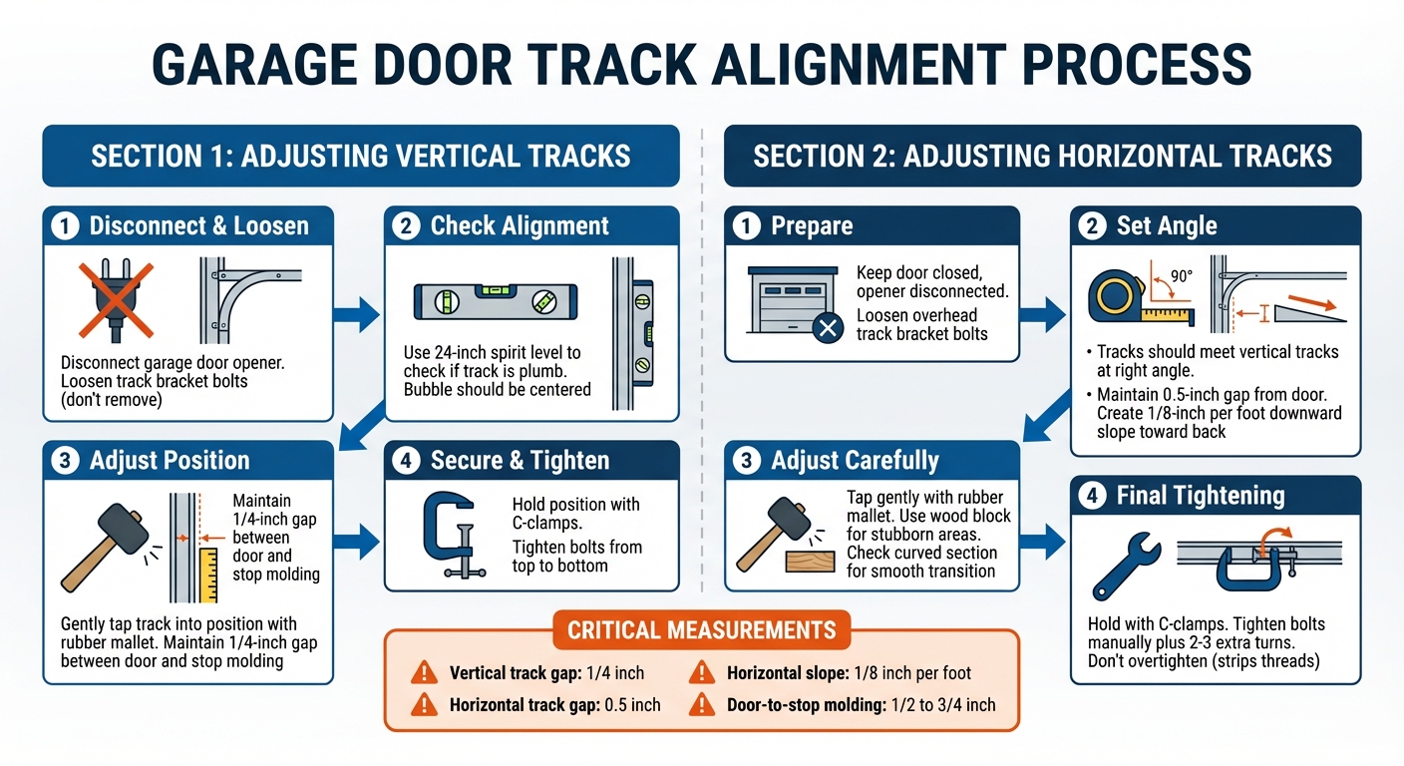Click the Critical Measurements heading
point(701,629)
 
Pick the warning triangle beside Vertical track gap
point(425,673)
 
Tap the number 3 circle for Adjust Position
point(66,461)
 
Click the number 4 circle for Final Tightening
point(1093,496)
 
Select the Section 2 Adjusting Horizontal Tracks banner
point(1042,156)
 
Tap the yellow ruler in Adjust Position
point(208,574)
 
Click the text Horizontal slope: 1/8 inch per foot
point(849,673)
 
